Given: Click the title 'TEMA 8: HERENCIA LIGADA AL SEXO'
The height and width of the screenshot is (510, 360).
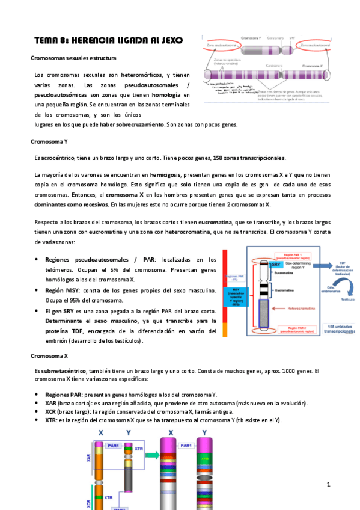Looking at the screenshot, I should point(108,40).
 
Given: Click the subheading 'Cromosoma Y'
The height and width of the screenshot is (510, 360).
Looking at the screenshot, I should point(49,141).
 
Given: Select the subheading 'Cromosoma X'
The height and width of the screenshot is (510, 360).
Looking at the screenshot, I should point(49,356).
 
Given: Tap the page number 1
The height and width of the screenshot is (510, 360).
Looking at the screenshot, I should point(329,484).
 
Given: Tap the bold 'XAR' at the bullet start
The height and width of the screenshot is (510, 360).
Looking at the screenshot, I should point(51,402).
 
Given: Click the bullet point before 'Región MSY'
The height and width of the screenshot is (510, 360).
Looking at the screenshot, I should point(38,290).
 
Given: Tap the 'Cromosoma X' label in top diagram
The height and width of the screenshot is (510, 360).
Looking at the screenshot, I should point(315,66).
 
